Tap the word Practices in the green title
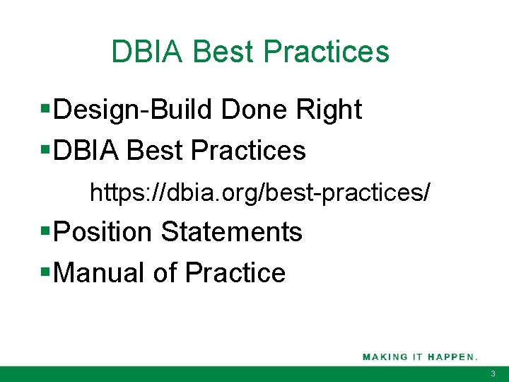click(x=326, y=52)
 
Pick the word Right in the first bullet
click(x=329, y=110)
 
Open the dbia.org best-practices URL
click(x=259, y=192)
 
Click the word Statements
click(x=232, y=231)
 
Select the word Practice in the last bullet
click(x=235, y=272)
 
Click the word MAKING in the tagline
click(x=385, y=357)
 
